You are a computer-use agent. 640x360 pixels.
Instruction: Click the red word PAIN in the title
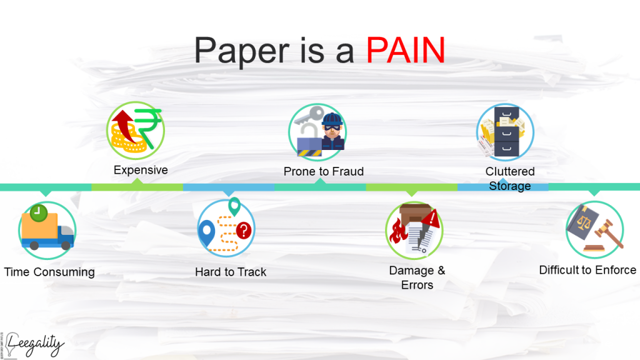pos(405,50)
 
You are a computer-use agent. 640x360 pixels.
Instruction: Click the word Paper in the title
pos(242,51)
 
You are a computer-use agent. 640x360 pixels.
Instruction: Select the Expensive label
pos(141,170)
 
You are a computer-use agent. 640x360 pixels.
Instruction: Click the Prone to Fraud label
pos(324,171)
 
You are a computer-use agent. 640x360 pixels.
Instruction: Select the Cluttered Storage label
pos(510,178)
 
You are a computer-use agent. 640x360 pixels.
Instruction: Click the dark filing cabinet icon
pos(506,131)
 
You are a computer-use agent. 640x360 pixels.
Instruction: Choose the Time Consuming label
pos(49,272)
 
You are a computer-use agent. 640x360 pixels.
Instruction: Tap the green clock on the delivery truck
pos(38,212)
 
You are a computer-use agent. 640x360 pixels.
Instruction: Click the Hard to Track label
pos(231,272)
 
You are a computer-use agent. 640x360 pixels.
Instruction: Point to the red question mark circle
pos(244,231)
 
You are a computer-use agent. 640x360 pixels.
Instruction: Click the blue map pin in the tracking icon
pos(206,232)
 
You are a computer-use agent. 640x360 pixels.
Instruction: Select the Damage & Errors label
pos(417,277)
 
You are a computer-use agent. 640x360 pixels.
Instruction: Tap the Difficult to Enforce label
pos(587,270)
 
